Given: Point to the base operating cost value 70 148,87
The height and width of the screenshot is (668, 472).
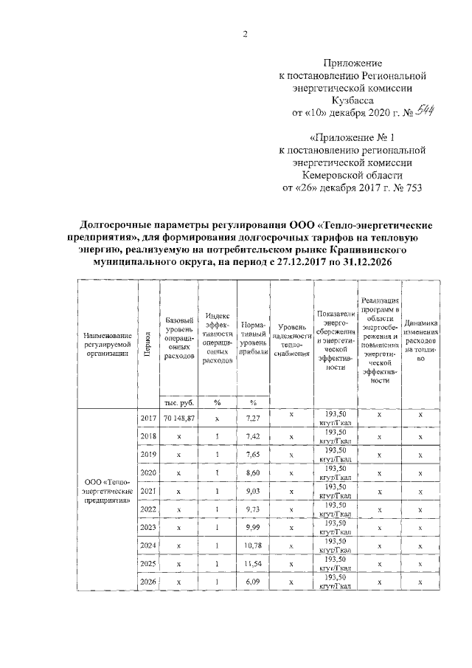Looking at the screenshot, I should click(178, 418).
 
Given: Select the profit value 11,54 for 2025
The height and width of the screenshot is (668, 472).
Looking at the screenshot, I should click(252, 562).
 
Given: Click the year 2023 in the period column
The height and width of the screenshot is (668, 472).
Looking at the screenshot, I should click(148, 526).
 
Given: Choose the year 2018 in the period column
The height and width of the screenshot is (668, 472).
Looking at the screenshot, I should click(148, 435).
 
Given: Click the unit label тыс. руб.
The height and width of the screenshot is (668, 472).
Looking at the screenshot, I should click(178, 402).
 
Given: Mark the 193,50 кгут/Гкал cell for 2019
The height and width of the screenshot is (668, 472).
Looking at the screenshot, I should click(336, 454).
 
